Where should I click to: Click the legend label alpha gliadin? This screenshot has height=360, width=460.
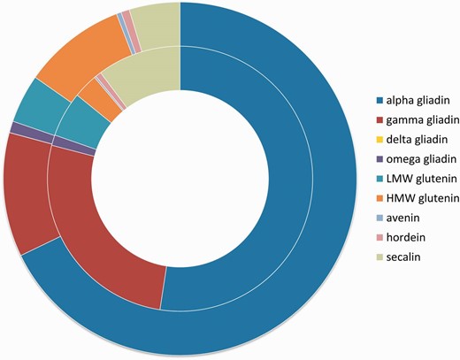[415, 99]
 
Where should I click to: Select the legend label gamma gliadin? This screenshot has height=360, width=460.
[418, 119]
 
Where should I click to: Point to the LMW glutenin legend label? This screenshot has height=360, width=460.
[418, 179]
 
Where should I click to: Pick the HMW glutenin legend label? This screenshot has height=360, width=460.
[418, 199]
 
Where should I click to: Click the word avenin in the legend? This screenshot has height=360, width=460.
[404, 218]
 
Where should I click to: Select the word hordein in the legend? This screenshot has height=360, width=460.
[406, 239]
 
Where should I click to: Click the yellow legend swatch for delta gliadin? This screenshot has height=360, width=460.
[379, 140]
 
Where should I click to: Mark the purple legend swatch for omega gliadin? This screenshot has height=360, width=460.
[379, 159]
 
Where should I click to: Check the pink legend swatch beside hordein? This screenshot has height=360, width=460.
[379, 239]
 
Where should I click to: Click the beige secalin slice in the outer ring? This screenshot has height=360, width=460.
[159, 23]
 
